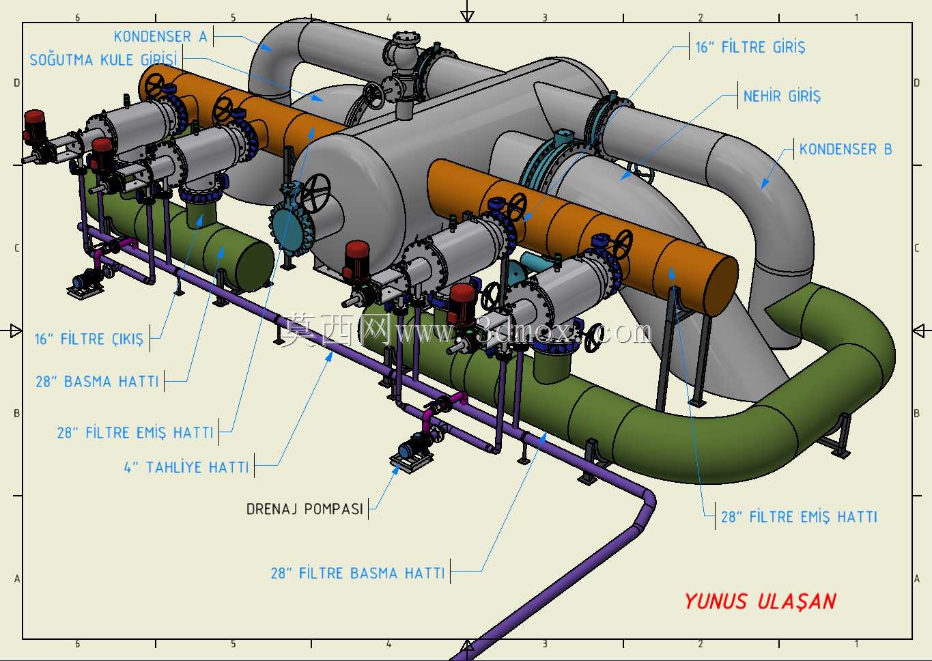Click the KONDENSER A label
pos(160,37)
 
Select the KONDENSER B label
pos(845,149)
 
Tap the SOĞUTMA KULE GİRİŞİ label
pos(103,59)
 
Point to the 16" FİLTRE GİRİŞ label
pos(750,47)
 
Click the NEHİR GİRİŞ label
pos(782,96)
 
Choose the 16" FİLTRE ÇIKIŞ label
pos(89,339)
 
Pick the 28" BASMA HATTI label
pos(98,382)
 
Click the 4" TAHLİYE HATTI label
pos(186,467)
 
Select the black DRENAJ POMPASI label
pos(305,509)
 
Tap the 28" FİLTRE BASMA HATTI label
pos(358,573)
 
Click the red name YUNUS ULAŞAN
pos(761,602)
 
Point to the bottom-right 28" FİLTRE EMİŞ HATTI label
pos(799,517)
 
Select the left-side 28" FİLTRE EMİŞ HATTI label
pos(135,433)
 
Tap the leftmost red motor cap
pos(34,119)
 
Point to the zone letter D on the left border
pos(16,83)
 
